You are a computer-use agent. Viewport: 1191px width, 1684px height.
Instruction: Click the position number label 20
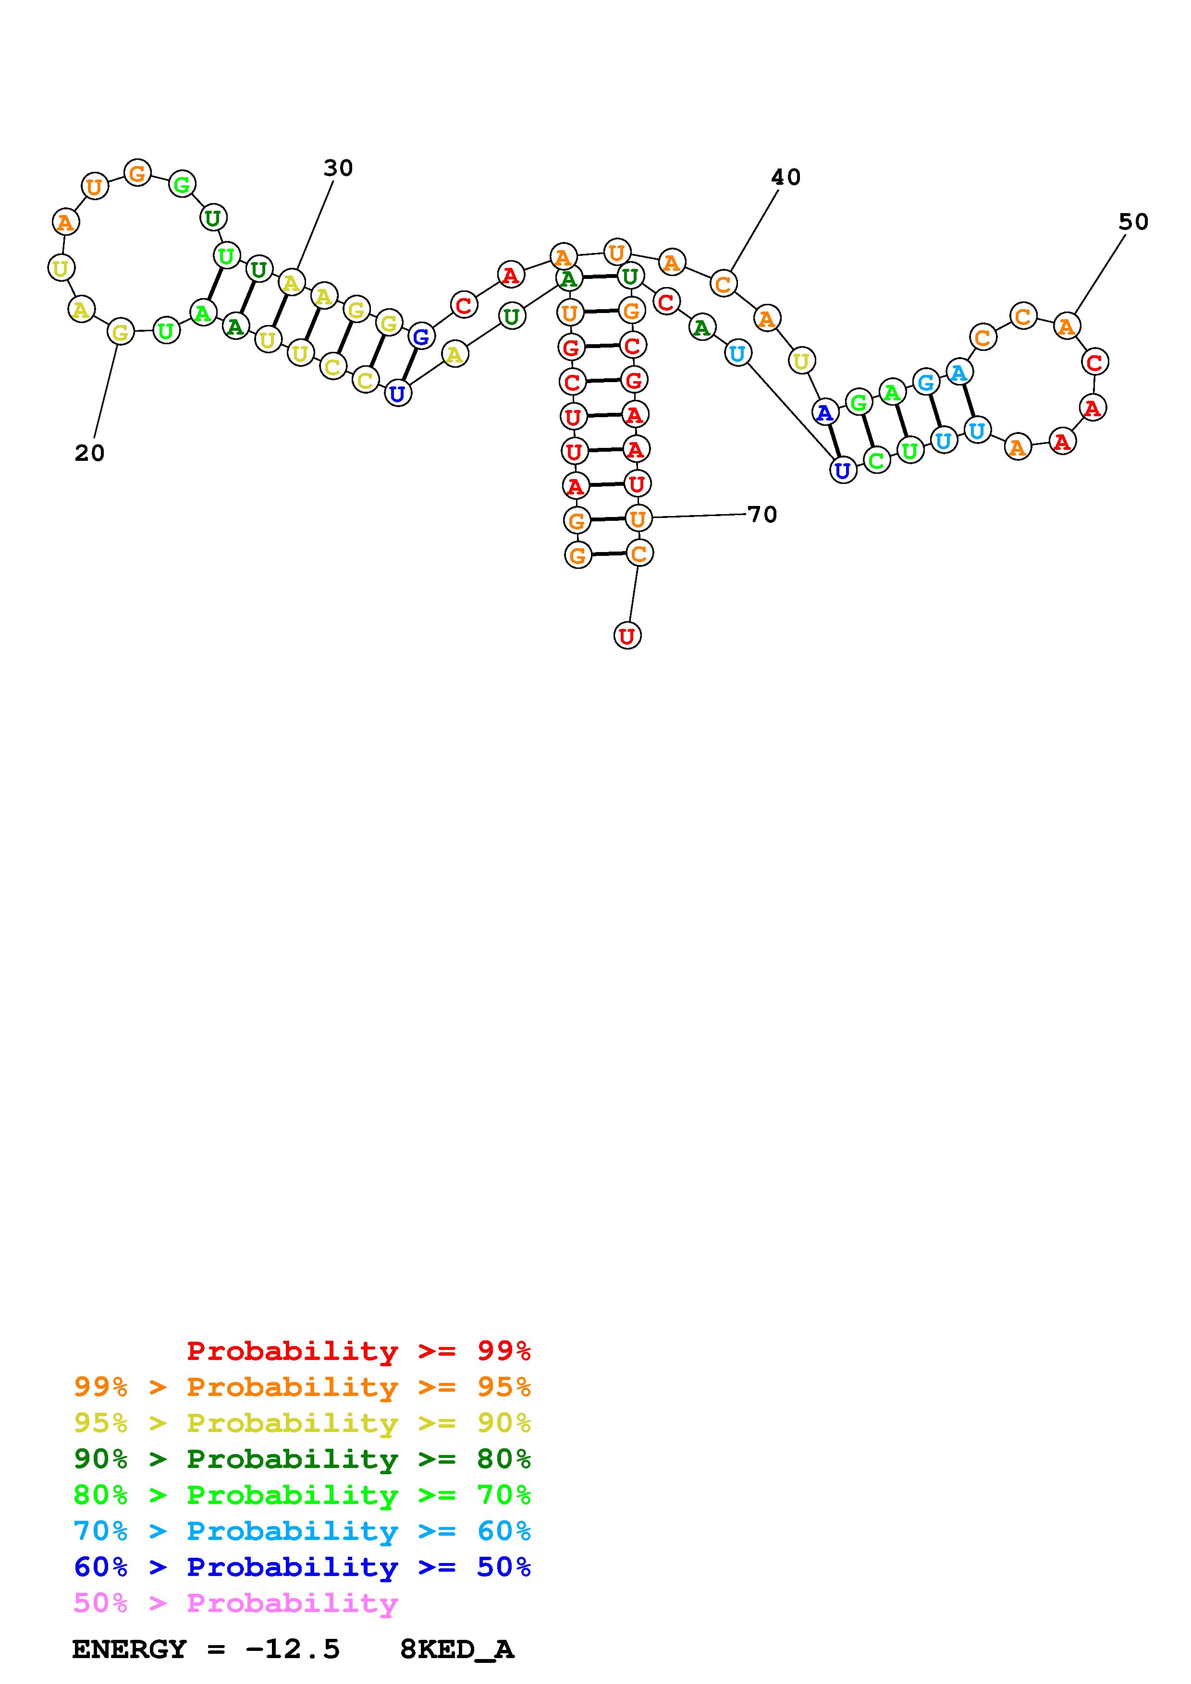[x=89, y=453]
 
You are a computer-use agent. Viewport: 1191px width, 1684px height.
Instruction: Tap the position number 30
[x=338, y=168]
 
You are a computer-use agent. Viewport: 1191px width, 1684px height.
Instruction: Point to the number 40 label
[x=785, y=177]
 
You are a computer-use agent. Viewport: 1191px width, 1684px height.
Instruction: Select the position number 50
[x=1133, y=221]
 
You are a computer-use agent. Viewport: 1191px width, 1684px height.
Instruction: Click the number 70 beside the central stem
[x=762, y=514]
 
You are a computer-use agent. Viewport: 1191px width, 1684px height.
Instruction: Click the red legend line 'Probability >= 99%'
[x=358, y=1351]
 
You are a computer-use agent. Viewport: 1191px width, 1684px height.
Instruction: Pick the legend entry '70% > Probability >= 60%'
[x=302, y=1531]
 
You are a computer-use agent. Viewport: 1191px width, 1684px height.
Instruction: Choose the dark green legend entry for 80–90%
[x=302, y=1459]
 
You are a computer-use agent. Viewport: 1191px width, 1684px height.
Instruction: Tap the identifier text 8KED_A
[x=456, y=1649]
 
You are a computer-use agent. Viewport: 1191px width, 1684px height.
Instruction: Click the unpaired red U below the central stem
[x=626, y=635]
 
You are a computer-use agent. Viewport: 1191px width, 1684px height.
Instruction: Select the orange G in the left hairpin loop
[x=137, y=174]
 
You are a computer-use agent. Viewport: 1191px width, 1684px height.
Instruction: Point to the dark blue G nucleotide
[x=420, y=337]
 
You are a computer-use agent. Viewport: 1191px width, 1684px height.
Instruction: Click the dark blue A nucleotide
[x=825, y=413]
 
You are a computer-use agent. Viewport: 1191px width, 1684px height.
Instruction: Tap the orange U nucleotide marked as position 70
[x=637, y=518]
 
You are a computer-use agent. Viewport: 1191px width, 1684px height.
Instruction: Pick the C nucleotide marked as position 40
[x=723, y=284]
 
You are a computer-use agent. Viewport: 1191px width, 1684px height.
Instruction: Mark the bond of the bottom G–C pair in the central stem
[x=608, y=554]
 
